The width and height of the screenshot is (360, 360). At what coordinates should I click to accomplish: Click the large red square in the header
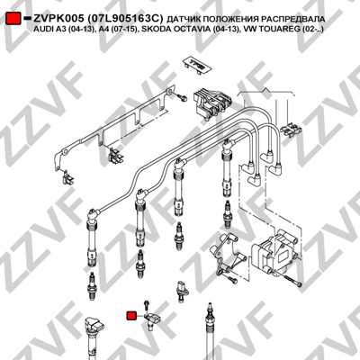pos(13,19)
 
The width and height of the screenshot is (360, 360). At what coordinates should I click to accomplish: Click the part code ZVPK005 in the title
pos(58,19)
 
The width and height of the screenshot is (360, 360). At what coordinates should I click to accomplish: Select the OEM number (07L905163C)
pos(125,19)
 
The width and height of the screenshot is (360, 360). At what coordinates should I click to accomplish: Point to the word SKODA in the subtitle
pos(163,30)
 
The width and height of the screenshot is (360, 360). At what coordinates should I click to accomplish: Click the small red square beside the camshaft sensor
pos(131,316)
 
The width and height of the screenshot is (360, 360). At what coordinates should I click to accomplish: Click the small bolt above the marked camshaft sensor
pos(147,305)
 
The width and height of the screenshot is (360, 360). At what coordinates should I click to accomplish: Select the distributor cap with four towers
pos(272,251)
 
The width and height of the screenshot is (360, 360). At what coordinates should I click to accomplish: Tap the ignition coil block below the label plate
pos(212,103)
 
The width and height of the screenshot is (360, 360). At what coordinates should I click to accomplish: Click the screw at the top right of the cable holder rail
pos(182,97)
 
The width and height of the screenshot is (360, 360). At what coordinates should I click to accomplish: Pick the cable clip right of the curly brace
pos(291,130)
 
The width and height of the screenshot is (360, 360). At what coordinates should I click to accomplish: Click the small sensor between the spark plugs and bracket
pos(182,291)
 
